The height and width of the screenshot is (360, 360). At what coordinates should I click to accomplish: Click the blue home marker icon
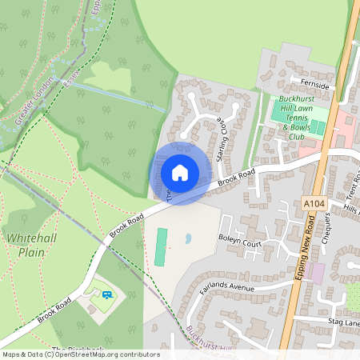180,172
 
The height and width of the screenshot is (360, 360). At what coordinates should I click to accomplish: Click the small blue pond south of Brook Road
189,238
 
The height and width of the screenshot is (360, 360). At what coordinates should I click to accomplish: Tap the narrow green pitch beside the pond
162,247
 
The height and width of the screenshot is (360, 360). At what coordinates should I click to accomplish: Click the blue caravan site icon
106,295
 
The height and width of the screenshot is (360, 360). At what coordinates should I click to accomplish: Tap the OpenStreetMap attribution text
81,354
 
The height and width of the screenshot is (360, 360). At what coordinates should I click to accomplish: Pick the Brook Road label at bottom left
54,306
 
